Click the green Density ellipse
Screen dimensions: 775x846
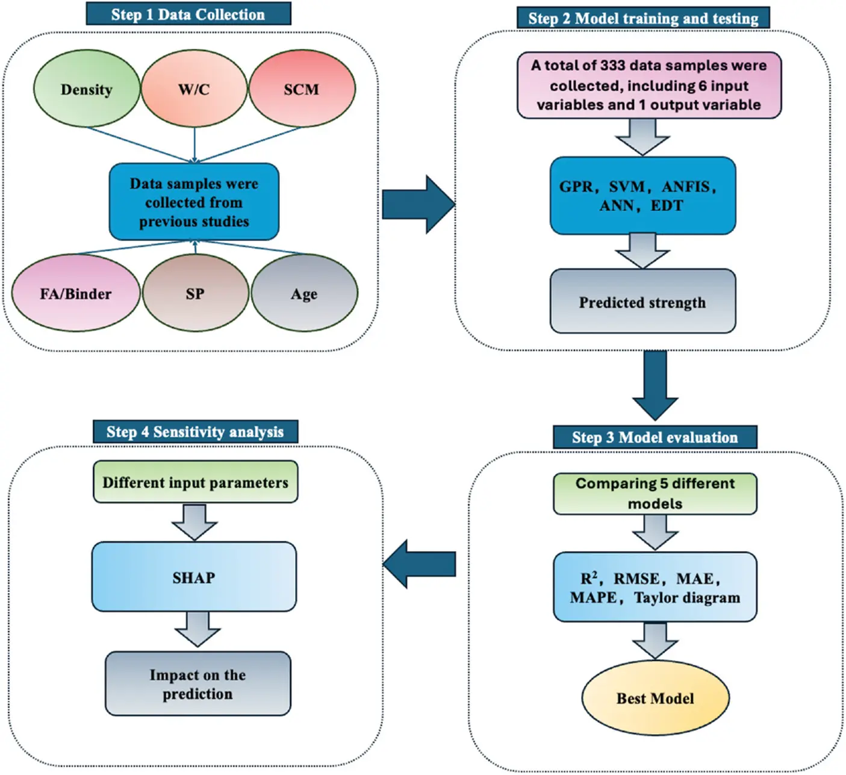click(x=87, y=89)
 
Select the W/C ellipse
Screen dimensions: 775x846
click(x=194, y=89)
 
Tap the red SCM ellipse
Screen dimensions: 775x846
click(x=302, y=89)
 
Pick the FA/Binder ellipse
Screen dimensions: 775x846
click(x=76, y=293)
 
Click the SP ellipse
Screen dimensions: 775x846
click(x=195, y=293)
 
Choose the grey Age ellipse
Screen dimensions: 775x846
click(x=304, y=293)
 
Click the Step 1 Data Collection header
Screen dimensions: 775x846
click(x=188, y=14)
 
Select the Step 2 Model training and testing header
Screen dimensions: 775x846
click(x=643, y=18)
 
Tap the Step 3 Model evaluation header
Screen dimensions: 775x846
click(x=655, y=437)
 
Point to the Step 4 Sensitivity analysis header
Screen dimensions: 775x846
click(x=195, y=432)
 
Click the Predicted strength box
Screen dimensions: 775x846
click(x=642, y=302)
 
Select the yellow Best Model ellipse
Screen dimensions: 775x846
click(x=655, y=698)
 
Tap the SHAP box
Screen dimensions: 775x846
click(x=194, y=577)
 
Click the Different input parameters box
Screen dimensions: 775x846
click(x=195, y=482)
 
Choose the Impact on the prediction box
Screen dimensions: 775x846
click(x=198, y=683)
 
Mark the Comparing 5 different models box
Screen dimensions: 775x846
click(x=655, y=493)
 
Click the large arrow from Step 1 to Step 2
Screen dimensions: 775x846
click(x=418, y=204)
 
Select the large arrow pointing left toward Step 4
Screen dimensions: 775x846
click(x=419, y=564)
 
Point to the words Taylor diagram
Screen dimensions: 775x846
click(x=687, y=597)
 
